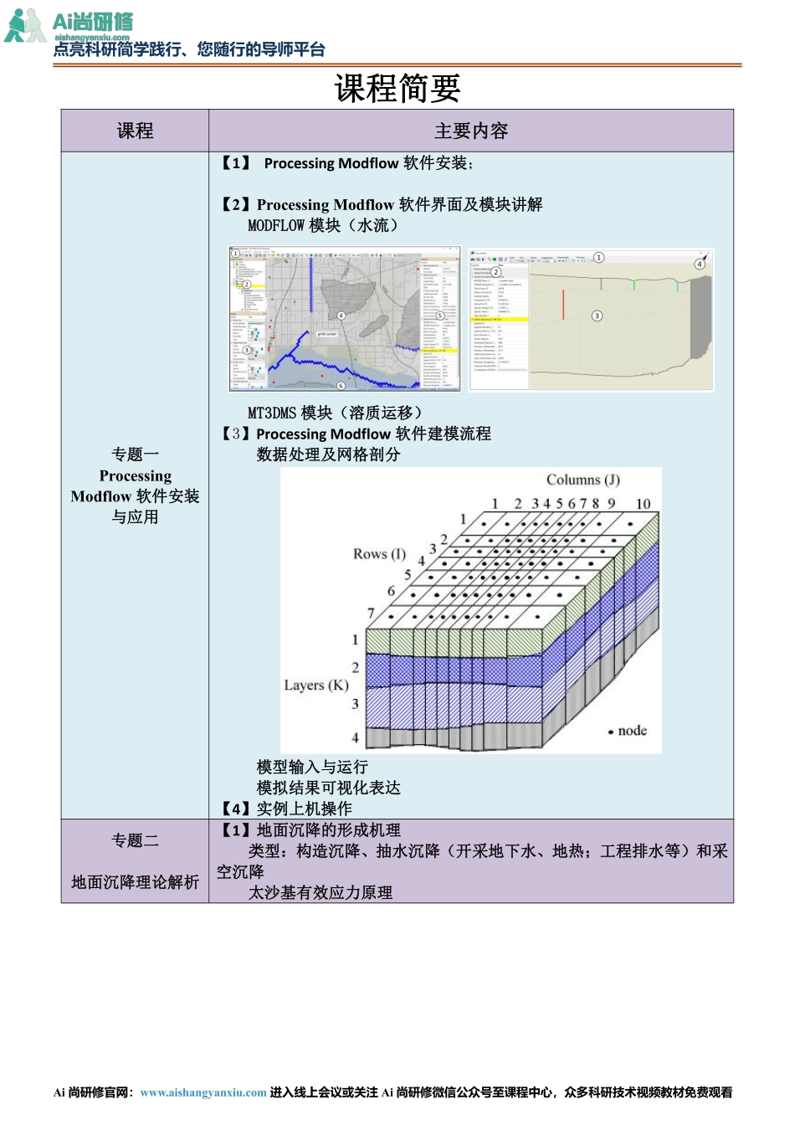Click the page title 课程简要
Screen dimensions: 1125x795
(397, 89)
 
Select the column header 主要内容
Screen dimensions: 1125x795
(471, 131)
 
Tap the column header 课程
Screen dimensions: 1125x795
(135, 131)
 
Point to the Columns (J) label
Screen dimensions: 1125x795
(582, 480)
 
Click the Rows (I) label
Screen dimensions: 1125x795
(379, 554)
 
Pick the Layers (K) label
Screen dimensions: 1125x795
(315, 686)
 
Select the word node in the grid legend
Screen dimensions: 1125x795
(632, 731)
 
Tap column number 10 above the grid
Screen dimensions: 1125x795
(643, 504)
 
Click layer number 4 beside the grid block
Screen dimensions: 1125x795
(355, 737)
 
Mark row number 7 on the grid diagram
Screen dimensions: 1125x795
(371, 613)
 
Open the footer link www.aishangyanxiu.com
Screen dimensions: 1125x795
(203, 1092)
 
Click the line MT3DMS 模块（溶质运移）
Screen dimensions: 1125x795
(335, 413)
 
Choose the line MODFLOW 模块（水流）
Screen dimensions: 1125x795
(323, 225)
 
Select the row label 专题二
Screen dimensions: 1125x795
(135, 840)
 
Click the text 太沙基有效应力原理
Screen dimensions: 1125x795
(321, 892)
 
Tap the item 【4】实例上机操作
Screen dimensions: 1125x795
(285, 809)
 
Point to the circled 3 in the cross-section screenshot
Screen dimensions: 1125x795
(597, 316)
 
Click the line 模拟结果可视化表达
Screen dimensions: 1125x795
(328, 788)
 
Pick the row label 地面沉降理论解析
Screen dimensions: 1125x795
(135, 882)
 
